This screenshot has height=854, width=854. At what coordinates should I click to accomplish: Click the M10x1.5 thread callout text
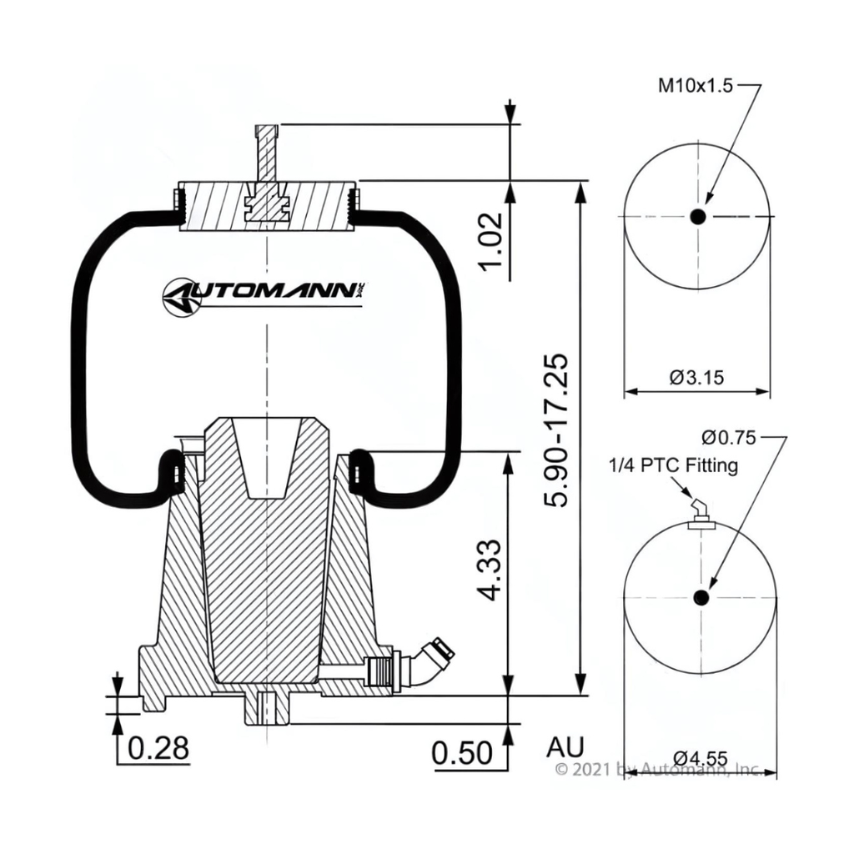(x=696, y=85)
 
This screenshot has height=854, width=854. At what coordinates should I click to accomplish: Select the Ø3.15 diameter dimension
(x=696, y=377)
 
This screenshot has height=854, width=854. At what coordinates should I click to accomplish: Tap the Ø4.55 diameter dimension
(x=700, y=758)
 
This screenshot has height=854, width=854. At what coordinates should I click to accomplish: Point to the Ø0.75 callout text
(x=727, y=437)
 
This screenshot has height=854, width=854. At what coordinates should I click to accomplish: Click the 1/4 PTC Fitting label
(x=673, y=465)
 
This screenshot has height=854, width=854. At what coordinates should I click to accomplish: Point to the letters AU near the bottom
(x=565, y=745)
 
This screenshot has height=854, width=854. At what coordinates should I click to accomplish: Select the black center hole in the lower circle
(x=701, y=597)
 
